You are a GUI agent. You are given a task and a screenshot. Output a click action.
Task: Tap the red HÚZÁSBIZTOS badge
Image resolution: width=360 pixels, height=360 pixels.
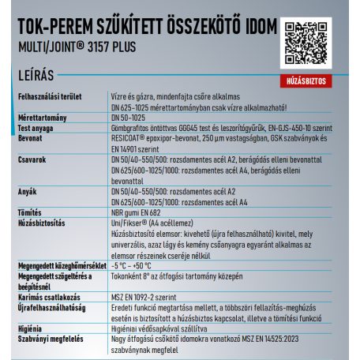click(306, 81)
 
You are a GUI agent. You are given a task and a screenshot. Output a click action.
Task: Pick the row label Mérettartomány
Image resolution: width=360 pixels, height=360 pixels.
click(41, 116)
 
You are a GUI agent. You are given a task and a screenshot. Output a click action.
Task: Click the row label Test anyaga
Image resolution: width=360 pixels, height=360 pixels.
click(38, 126)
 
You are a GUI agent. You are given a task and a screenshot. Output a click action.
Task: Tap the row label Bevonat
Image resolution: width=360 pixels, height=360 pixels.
click(31, 137)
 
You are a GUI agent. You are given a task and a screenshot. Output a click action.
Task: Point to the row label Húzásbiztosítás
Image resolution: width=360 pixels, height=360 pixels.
click(44, 223)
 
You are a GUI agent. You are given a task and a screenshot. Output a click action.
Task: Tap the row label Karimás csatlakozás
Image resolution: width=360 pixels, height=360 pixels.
click(52, 298)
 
